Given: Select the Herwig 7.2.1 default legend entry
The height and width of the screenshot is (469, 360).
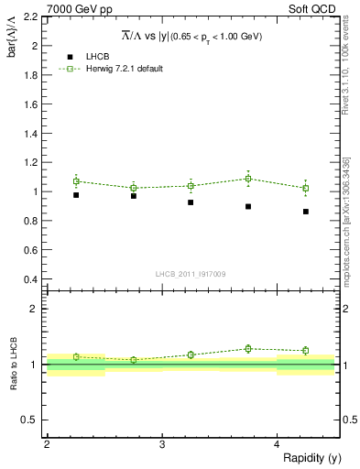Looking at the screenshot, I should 124,69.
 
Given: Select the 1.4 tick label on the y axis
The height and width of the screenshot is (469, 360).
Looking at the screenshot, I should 31,133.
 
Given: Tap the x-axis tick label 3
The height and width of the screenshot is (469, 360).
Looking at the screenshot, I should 162,444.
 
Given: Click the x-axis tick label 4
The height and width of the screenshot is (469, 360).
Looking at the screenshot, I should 278,444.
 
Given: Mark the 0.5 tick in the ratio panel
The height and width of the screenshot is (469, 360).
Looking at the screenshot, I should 31,420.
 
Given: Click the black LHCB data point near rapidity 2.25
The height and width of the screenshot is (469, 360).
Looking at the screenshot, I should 76,195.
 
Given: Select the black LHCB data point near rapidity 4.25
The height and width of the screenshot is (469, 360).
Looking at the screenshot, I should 306,212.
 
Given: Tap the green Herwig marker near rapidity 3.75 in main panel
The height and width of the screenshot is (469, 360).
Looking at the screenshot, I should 248,179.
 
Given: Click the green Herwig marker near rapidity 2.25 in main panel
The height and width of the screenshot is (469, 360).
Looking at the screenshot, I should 76,181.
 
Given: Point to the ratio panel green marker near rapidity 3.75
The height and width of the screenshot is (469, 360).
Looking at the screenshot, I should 248,348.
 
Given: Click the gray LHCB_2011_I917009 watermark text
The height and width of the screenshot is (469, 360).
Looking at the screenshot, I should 191,273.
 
